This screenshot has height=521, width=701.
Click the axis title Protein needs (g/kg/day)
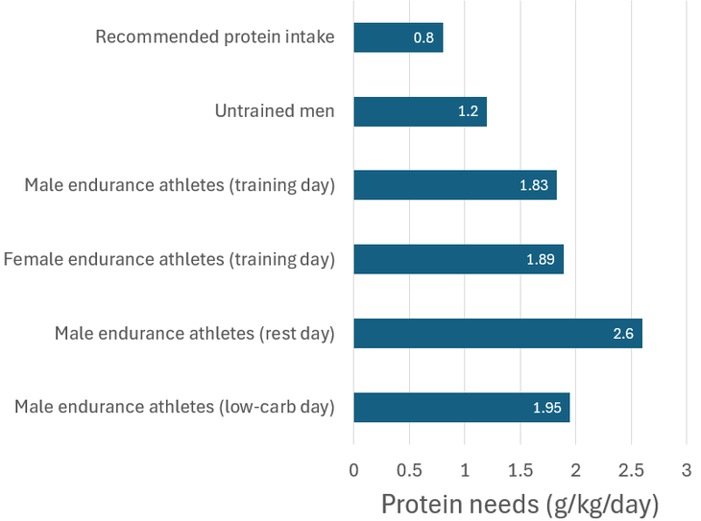click(520, 504)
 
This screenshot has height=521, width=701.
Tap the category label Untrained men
click(275, 111)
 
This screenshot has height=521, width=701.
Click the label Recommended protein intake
click(215, 37)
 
